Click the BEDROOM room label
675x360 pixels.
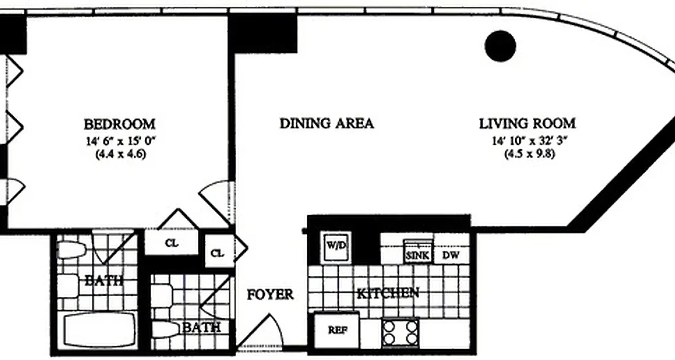point(120,124)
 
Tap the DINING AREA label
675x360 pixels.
point(327,123)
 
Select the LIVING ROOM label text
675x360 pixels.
point(527,123)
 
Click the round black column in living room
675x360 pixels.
point(500,46)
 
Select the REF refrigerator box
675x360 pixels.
point(336,330)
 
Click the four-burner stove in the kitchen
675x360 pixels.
point(400,332)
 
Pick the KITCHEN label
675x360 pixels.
point(388,293)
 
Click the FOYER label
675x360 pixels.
point(270,295)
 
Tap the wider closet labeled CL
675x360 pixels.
point(171,243)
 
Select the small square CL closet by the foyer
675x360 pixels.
point(217,253)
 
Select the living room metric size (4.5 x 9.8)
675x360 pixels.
point(527,153)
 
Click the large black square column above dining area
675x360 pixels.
point(263,32)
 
